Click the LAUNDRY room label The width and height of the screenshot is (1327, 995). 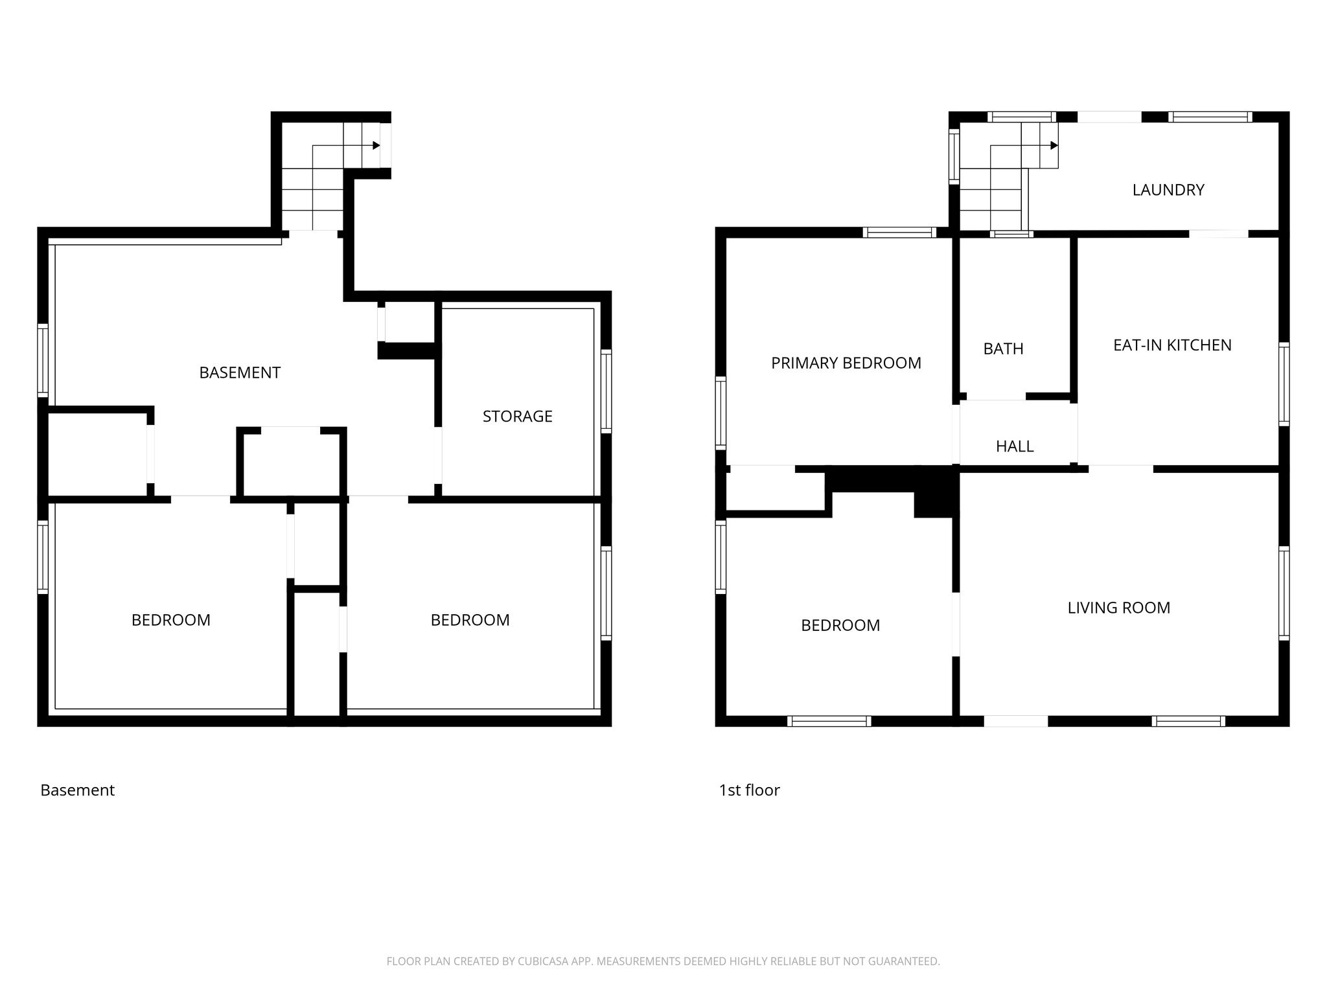point(1168,190)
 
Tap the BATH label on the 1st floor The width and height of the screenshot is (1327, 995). point(1003,349)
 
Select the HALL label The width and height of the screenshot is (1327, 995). point(1014,446)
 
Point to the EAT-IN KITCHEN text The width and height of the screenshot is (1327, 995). point(1172,345)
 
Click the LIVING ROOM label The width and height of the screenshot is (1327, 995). point(1118,608)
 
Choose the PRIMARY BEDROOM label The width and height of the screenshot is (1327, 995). point(846,363)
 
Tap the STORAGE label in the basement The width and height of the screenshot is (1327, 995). point(517,417)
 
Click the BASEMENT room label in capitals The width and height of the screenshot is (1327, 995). point(239,372)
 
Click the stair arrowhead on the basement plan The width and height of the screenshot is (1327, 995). point(376,145)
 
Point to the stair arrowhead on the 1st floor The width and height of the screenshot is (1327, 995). point(1054,145)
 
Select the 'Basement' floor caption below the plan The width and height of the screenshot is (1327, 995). point(77,790)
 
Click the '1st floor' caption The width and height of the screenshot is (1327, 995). point(749,790)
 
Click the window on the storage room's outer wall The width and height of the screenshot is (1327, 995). point(606,391)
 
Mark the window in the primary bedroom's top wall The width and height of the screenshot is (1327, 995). point(899,233)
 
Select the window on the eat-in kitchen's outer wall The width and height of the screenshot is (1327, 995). point(1284,384)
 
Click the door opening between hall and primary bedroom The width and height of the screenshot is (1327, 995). point(956,433)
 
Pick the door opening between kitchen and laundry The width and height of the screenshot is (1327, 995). point(1218,233)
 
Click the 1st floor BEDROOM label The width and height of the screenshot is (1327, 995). point(840,625)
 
